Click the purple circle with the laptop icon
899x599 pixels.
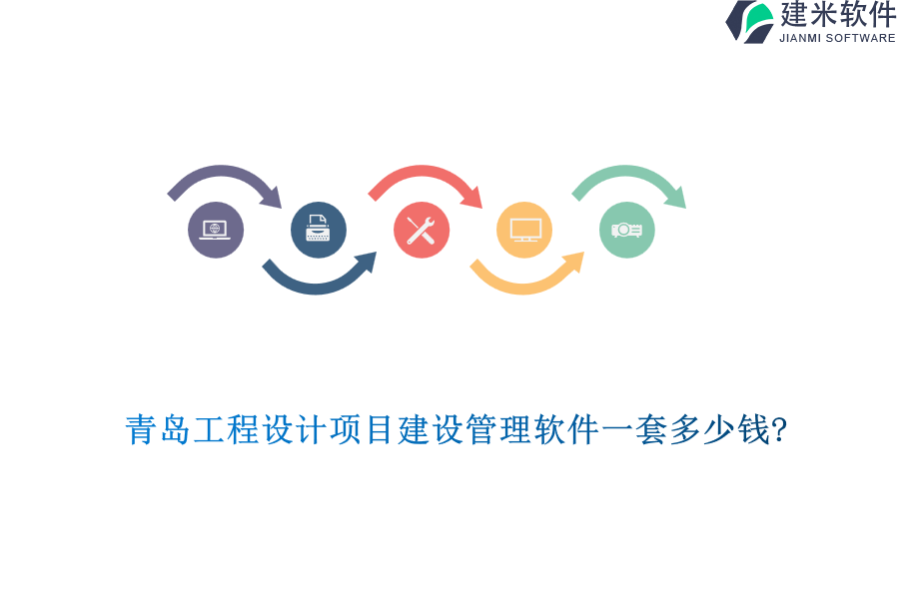(216, 230)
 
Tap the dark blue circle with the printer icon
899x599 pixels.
(319, 230)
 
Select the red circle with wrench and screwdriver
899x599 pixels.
(422, 230)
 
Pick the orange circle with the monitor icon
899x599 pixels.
(524, 230)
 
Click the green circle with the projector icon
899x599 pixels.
(627, 230)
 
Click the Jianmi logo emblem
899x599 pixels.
(750, 21)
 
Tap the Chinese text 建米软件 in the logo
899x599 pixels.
(838, 15)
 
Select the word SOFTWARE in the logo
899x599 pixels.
(860, 38)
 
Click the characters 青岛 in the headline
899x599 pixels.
(159, 430)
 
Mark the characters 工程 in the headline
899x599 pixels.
(227, 430)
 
